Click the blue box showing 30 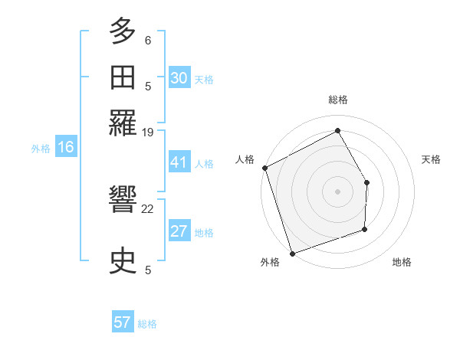(179, 77)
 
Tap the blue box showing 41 (179, 162)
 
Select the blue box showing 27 (179, 231)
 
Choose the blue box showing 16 (66, 147)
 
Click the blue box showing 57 (123, 322)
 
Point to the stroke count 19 (148, 133)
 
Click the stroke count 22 (148, 208)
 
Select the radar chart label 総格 (338, 100)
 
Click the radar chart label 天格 (431, 159)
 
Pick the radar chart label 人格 (245, 159)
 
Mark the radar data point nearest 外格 (292, 254)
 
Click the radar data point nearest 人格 (264, 168)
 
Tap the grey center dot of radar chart (338, 191)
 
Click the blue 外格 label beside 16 (40, 149)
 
